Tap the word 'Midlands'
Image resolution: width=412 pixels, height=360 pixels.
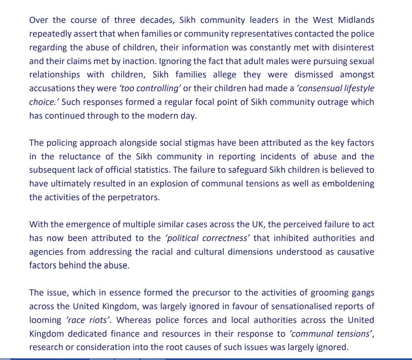[355, 20]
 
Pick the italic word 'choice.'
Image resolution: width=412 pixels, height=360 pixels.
[43, 102]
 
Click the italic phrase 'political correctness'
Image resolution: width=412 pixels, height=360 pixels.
[207, 238]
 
